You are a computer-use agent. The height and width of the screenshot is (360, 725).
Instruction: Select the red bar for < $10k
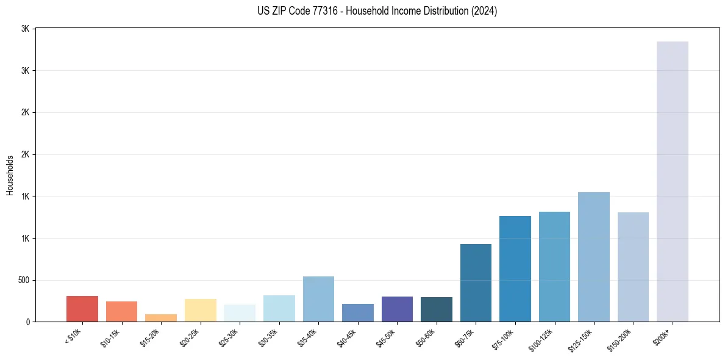(82, 309)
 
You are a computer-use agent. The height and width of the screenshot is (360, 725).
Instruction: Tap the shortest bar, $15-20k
(161, 318)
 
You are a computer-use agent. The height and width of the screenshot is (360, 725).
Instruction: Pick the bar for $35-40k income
(318, 299)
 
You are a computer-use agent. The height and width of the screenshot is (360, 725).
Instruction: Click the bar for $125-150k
(593, 257)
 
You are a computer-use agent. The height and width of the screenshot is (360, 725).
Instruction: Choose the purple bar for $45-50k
(397, 309)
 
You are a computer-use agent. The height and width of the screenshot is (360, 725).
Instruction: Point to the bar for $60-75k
(476, 283)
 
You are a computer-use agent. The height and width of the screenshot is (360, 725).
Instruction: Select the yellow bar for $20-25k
(201, 310)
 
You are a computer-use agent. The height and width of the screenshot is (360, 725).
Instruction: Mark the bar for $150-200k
(633, 267)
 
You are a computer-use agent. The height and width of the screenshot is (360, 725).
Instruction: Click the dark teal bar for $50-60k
(437, 309)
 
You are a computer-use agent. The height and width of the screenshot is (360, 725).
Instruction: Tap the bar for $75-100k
(515, 268)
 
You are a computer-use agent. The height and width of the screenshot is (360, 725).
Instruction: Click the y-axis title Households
(10, 175)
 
